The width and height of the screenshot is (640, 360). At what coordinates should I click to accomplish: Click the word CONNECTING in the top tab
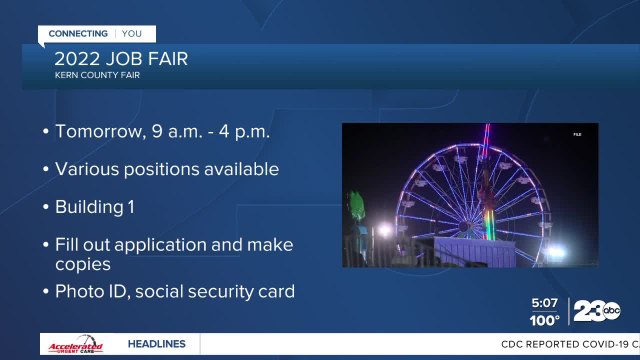(78, 33)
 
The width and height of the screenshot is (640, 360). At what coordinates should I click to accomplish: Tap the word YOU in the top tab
(131, 33)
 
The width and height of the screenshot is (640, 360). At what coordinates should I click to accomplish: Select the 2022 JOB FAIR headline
(121, 58)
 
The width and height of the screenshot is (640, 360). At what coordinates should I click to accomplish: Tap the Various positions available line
(167, 169)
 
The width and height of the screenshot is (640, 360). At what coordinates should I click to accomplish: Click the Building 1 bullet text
(100, 207)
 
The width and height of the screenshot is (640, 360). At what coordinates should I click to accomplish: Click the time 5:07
(545, 302)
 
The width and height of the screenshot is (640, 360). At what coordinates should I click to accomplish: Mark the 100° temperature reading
(545, 320)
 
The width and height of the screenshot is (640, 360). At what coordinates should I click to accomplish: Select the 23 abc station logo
(597, 312)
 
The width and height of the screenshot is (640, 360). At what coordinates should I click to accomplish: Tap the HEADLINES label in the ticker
(156, 344)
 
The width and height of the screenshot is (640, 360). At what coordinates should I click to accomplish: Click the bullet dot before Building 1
(46, 208)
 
